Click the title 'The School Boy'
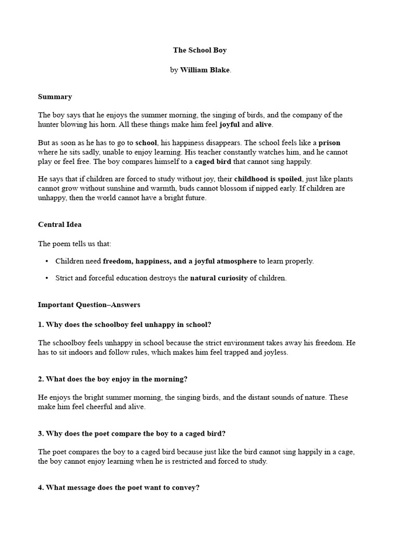point(200,50)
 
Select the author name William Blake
point(205,70)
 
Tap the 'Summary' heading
point(55,97)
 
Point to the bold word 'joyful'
point(230,125)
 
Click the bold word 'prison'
point(330,143)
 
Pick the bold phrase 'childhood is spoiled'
point(268,179)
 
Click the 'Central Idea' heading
point(60,225)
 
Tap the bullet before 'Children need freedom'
point(47,261)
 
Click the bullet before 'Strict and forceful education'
point(47,278)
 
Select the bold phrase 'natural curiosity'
point(219,278)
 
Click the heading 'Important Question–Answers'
point(89,304)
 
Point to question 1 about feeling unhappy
point(124,324)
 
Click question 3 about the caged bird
point(132,434)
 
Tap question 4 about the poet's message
point(119,488)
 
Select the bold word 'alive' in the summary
point(264,125)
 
